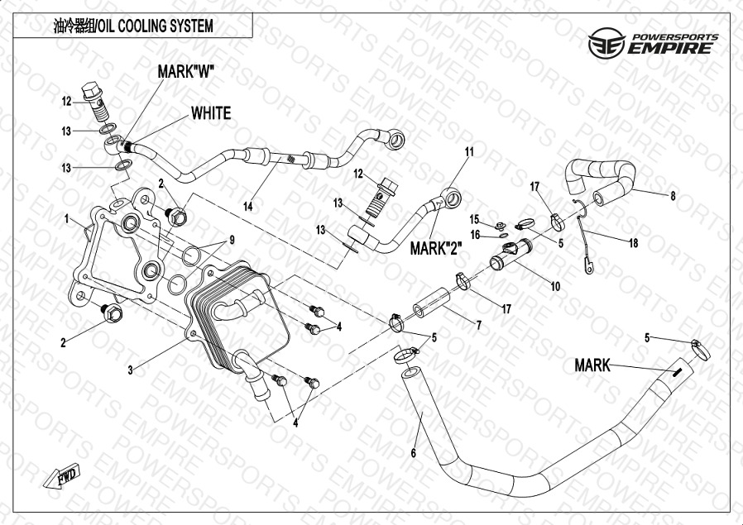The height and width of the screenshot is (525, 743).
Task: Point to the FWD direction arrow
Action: [65, 476]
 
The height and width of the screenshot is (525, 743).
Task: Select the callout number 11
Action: [469, 152]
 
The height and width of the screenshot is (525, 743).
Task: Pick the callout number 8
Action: [672, 197]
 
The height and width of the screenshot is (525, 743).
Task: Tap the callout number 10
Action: [555, 287]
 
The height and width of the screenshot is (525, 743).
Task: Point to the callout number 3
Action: [130, 370]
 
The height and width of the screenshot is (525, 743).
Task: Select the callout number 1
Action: [66, 219]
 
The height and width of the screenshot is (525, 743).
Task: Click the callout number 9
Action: [232, 241]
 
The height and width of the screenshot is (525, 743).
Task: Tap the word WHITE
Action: [211, 113]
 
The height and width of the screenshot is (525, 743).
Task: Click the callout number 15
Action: [475, 219]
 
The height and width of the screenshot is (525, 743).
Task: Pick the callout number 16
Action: [475, 235]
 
